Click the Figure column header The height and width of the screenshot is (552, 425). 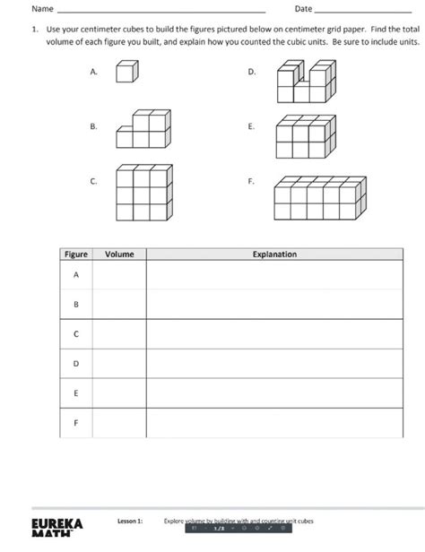[76, 254]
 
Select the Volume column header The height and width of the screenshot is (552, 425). [119, 254]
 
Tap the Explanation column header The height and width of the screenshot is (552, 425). [273, 254]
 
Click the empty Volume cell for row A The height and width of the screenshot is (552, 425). [119, 275]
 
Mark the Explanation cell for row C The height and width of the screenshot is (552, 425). [273, 334]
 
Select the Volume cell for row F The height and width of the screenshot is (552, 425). [119, 422]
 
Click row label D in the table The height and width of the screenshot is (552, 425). [76, 364]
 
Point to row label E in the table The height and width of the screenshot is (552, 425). [76, 392]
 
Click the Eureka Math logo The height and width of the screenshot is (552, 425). [56, 526]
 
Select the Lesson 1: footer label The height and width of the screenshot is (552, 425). [130, 520]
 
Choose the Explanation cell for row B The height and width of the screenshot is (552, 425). [273, 305]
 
